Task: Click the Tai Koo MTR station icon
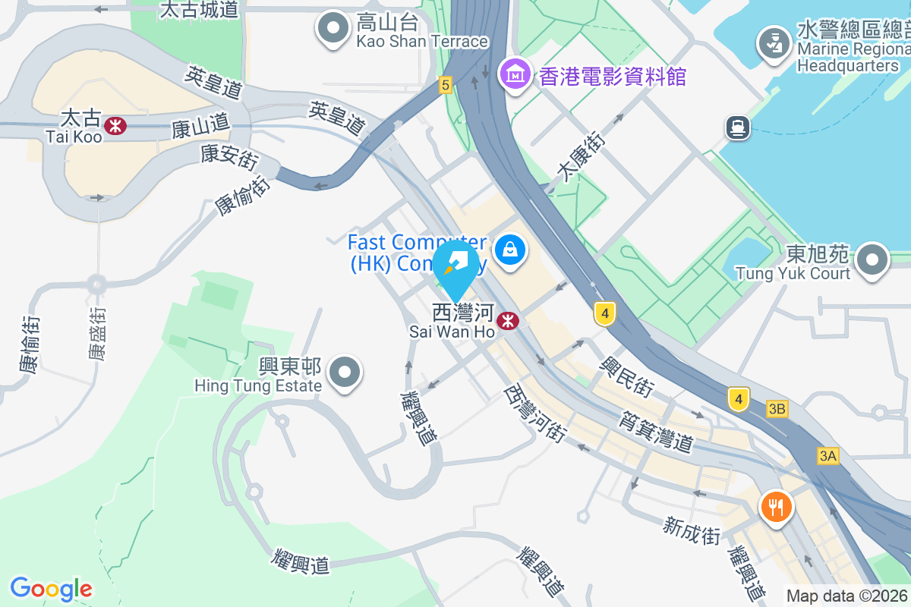click(x=116, y=125)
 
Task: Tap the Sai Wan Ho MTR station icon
click(x=507, y=322)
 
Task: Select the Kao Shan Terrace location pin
click(x=333, y=29)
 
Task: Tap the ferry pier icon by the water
click(x=737, y=127)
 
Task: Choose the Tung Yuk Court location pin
click(x=872, y=261)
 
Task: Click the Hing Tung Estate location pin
click(x=346, y=373)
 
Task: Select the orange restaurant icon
click(x=775, y=505)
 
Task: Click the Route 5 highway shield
click(x=445, y=85)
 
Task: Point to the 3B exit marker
click(x=777, y=409)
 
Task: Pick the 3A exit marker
click(x=828, y=456)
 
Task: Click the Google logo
click(x=51, y=589)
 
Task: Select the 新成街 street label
click(x=692, y=530)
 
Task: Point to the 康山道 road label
click(x=200, y=124)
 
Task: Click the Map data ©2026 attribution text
click(x=846, y=596)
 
